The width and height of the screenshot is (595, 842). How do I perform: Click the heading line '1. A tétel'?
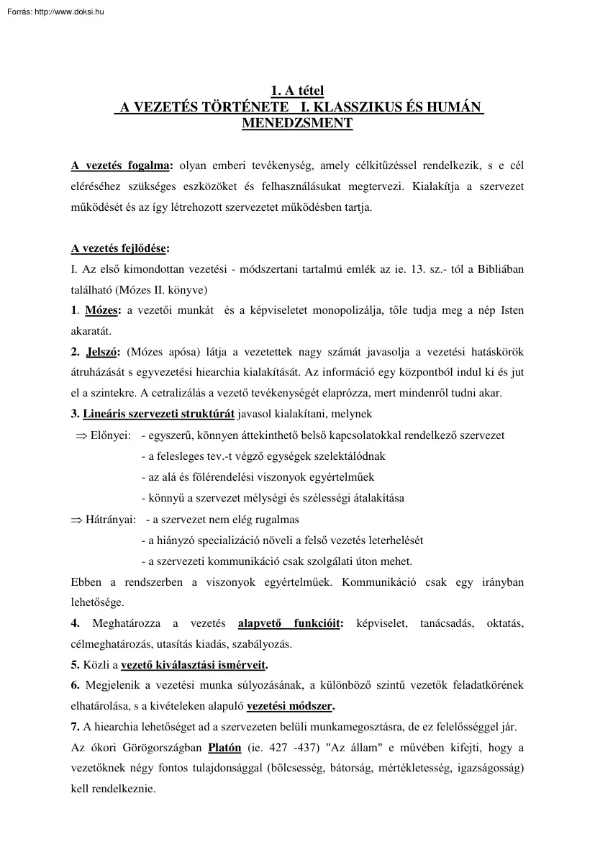coord(297,91)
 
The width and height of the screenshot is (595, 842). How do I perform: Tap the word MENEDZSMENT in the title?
coord(297,123)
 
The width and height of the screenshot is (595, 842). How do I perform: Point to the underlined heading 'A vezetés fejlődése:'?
coord(120,249)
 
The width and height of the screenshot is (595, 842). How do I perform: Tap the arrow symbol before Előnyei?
coord(81,435)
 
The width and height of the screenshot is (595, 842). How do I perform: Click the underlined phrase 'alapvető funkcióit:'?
coord(291,623)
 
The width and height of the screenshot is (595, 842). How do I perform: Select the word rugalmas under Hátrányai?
coord(278,519)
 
